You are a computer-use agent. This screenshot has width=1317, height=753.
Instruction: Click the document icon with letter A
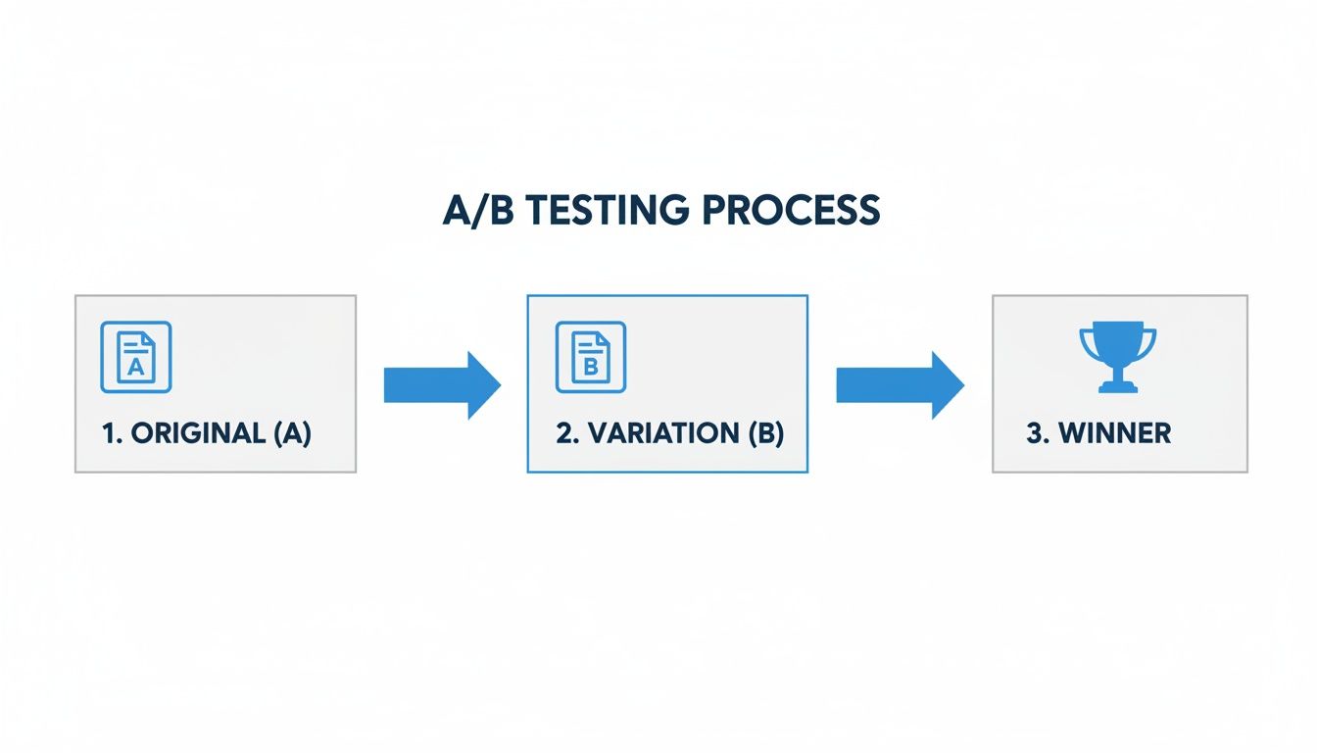click(x=136, y=357)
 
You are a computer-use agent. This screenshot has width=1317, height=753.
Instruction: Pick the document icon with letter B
click(x=591, y=357)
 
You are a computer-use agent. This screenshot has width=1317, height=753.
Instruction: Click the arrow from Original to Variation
click(x=442, y=384)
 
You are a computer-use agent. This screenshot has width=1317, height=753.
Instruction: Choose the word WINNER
click(x=1115, y=433)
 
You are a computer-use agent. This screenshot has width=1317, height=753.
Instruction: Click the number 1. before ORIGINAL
click(x=111, y=433)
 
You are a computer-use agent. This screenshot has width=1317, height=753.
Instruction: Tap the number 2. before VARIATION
click(x=567, y=433)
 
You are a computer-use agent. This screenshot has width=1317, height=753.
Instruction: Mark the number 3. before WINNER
click(x=1037, y=433)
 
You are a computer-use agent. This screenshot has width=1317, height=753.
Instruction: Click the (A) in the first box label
click(x=292, y=433)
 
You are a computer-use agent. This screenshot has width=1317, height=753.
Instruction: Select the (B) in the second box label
click(x=765, y=433)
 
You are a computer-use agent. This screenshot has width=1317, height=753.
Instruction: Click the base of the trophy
click(x=1117, y=387)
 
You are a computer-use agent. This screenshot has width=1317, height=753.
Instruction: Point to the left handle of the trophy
click(x=1086, y=342)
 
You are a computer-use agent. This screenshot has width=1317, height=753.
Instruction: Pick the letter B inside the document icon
click(x=591, y=368)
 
